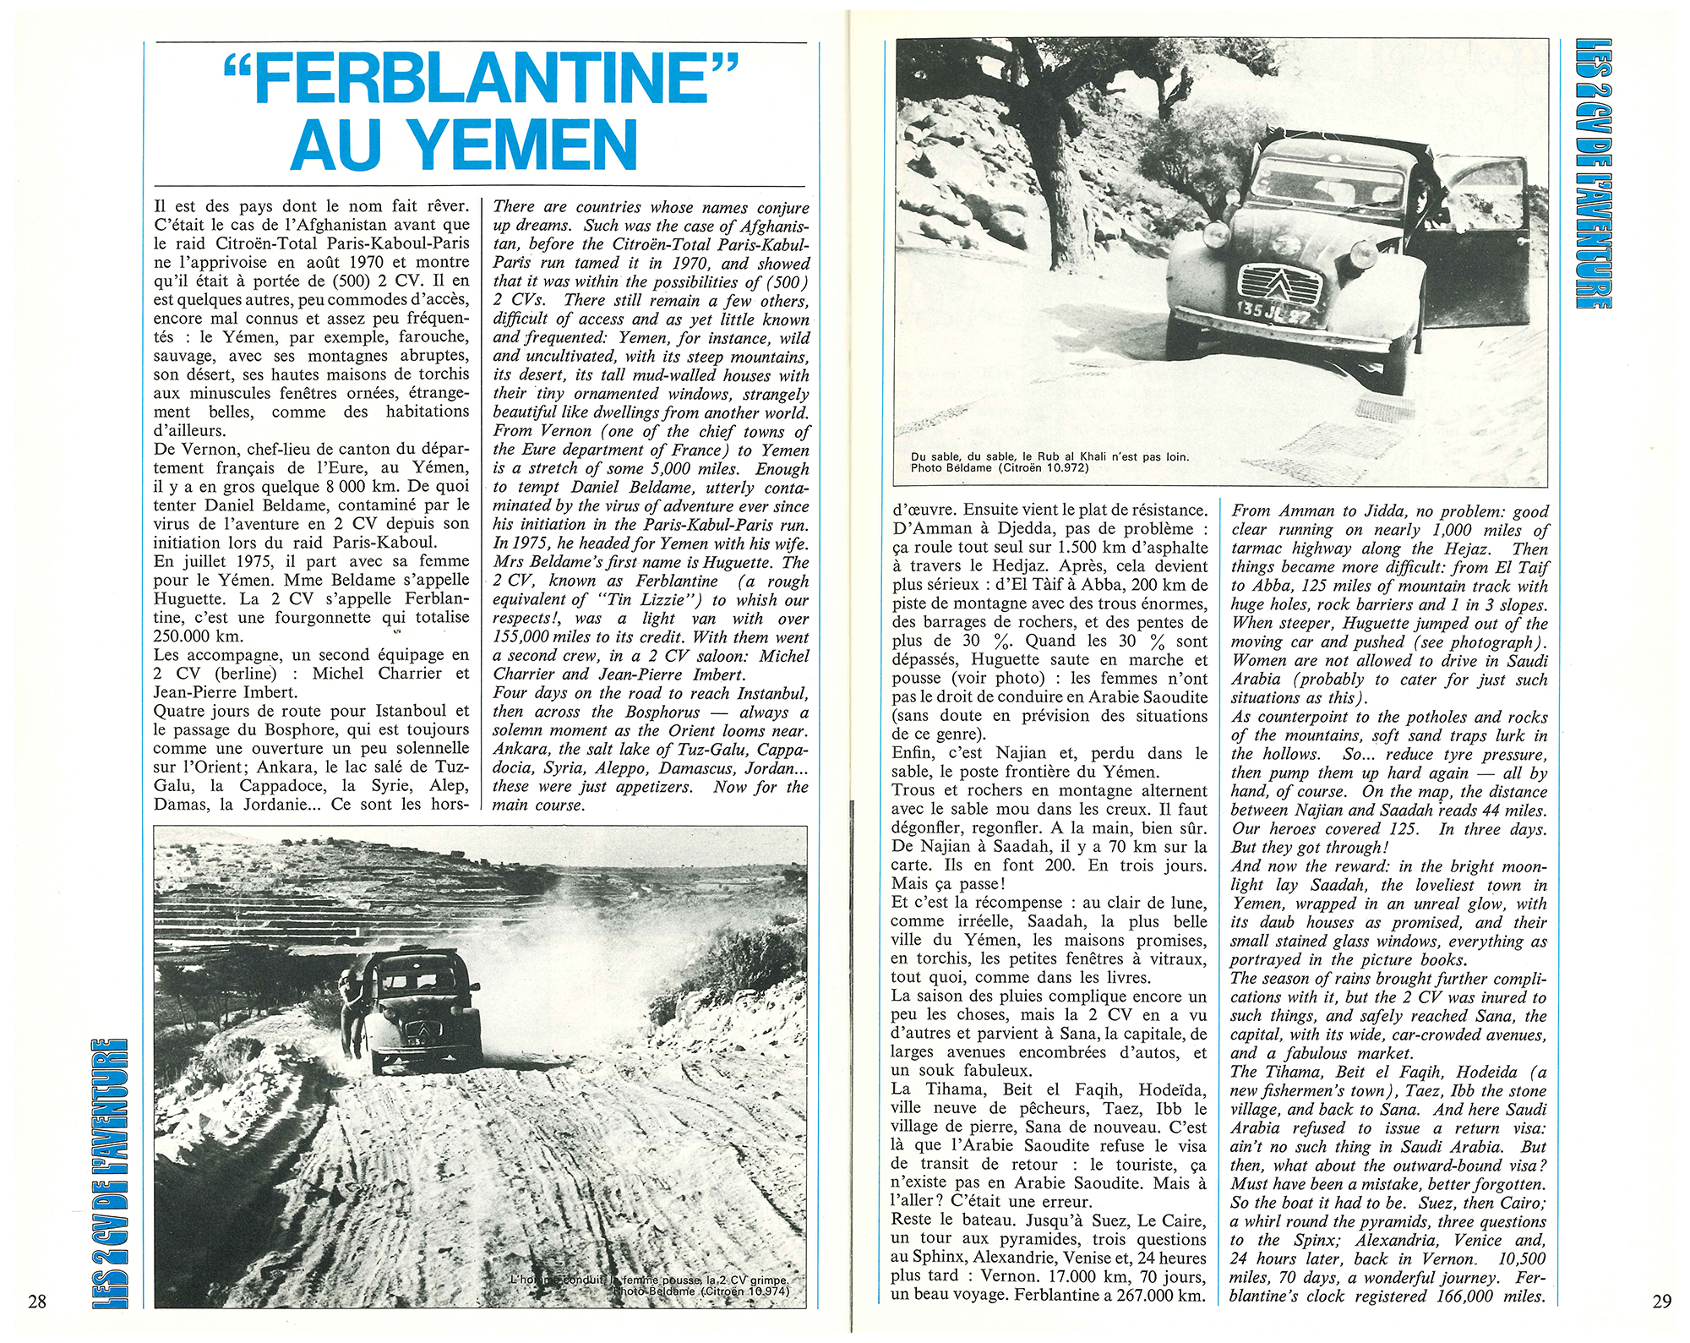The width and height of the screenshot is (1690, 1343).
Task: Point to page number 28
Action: pos(36,1301)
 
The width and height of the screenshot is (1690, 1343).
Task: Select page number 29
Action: pos(1661,1301)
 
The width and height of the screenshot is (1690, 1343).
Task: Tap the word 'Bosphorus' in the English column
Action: pos(645,712)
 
